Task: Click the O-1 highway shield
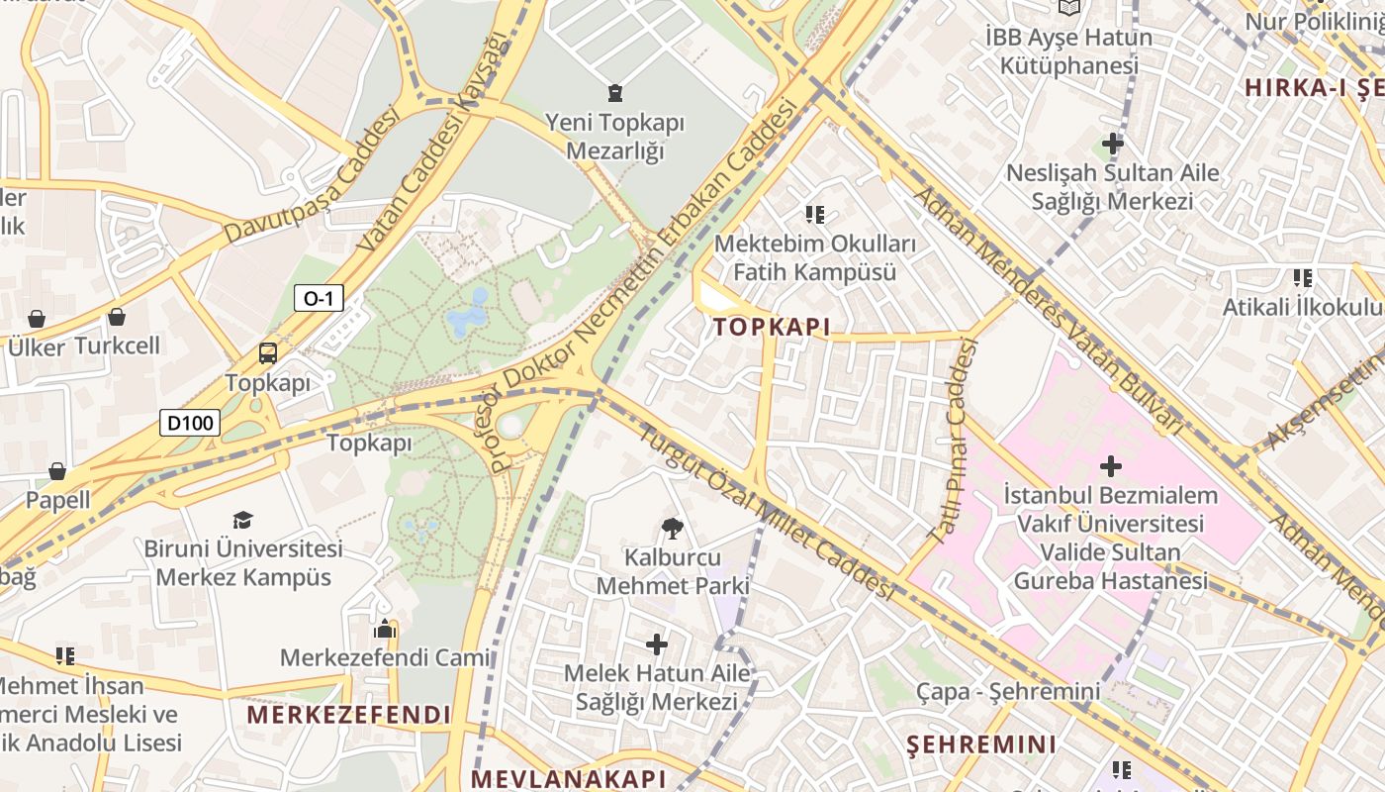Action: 318,298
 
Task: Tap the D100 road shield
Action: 190,424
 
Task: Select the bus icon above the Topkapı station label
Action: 267,353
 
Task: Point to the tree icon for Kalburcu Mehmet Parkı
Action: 673,529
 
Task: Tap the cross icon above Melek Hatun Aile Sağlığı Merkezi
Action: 656,645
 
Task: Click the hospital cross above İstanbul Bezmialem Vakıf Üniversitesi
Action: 1110,465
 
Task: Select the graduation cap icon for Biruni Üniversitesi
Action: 242,520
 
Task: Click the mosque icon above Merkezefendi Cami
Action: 385,629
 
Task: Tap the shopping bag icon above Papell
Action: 57,470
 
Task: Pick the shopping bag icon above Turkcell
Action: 117,317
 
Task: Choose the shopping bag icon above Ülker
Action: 37,318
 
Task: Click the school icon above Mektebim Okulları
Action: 815,214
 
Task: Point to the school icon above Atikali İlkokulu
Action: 1302,278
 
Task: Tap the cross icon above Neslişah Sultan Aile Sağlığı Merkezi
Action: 1113,144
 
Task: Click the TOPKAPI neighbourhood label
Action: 772,327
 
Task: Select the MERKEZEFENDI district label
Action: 348,715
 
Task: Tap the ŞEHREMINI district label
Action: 981,744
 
